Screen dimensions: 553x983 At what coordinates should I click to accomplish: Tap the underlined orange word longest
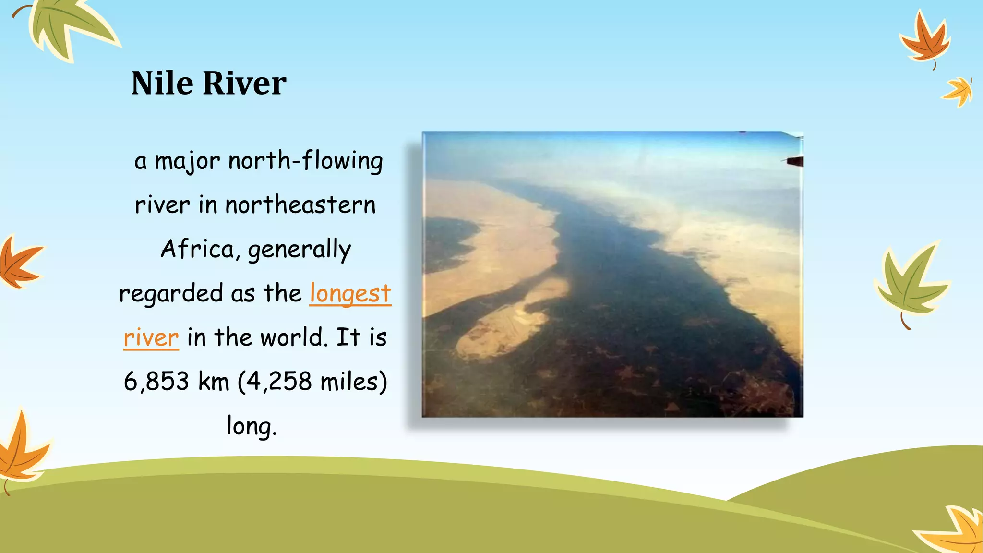pyautogui.click(x=350, y=293)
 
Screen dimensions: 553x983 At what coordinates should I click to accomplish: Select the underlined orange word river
pyautogui.click(x=151, y=337)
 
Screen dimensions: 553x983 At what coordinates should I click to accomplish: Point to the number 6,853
pyautogui.click(x=156, y=382)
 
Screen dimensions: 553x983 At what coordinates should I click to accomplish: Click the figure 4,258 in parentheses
pyautogui.click(x=279, y=382)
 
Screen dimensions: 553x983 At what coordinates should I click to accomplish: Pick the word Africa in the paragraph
pyautogui.click(x=197, y=249)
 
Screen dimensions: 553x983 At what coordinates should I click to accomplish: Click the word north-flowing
pyautogui.click(x=306, y=161)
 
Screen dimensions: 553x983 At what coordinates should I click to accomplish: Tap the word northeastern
pyautogui.click(x=300, y=205)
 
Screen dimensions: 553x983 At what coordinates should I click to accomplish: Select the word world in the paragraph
pyautogui.click(x=293, y=337)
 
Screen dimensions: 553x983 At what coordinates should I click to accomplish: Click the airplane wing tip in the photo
pyautogui.click(x=794, y=161)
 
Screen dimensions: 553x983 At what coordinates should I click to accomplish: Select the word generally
pyautogui.click(x=299, y=249)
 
